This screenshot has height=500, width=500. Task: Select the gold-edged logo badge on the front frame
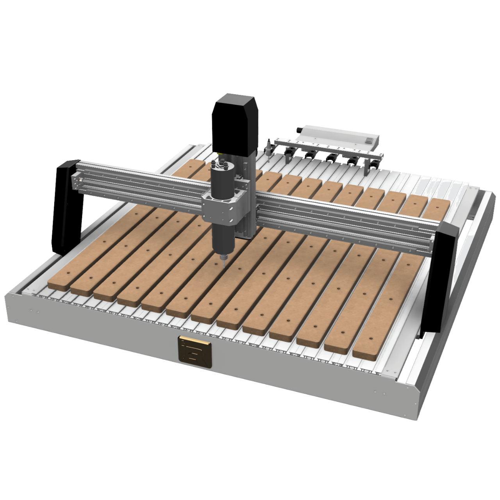pos(195,352)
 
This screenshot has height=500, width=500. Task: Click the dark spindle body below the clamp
pos(223,238)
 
